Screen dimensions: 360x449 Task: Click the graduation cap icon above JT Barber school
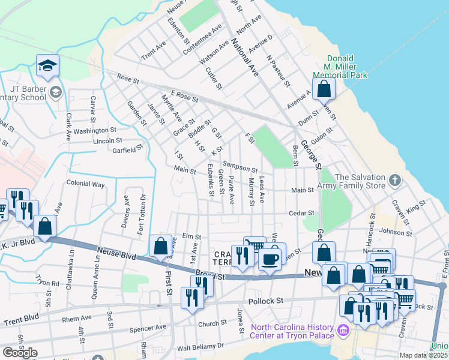coord(47,67)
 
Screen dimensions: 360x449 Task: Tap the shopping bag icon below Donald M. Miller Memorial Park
coord(324,89)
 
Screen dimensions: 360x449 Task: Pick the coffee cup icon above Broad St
coord(270,259)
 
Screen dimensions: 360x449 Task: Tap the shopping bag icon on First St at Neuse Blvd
coord(160,246)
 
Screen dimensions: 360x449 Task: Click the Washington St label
coord(94,130)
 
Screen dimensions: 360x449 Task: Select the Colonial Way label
coord(85,184)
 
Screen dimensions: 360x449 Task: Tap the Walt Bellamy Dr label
coord(196,346)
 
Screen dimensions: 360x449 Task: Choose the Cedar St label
coord(303,213)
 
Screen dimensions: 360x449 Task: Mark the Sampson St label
coord(240,166)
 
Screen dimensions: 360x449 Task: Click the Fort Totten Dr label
coord(142,214)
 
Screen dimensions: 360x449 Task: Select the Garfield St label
coord(127,148)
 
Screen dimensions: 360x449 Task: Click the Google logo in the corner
coord(20,353)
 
